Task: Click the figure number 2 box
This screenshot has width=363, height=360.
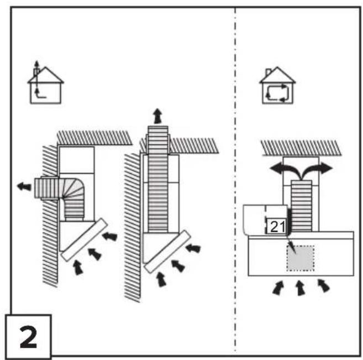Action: (28, 336)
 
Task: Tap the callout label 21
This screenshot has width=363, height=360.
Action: (277, 226)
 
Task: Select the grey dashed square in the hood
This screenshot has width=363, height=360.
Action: (301, 258)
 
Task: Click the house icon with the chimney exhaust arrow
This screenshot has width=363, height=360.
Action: (45, 83)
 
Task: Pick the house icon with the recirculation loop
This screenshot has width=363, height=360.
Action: (277, 85)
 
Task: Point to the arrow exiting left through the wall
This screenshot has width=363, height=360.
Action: (24, 186)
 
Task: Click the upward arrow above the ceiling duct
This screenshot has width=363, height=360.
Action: (158, 116)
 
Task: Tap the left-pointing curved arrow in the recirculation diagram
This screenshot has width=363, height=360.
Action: (286, 170)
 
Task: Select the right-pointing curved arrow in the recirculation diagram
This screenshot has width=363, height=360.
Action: (317, 170)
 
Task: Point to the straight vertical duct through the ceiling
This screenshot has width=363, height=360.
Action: (158, 179)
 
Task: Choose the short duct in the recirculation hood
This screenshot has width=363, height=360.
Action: (301, 206)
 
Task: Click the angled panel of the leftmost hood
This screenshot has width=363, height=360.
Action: (85, 239)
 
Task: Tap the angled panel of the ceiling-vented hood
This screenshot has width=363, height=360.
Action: (167, 252)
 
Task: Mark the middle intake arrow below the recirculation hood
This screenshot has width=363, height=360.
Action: (300, 288)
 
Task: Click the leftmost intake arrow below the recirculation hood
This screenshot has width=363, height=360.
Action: (278, 288)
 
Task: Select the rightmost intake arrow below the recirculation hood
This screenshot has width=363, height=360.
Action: (323, 286)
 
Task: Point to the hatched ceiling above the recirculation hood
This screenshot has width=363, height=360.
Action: (301, 148)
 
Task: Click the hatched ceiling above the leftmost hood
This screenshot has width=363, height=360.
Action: (94, 138)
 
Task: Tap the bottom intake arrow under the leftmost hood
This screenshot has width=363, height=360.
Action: (78, 268)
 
